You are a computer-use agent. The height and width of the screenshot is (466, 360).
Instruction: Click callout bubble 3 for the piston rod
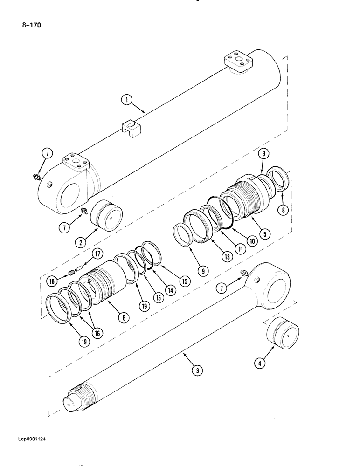coord(197,371)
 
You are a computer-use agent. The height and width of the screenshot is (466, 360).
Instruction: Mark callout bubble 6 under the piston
coord(123,317)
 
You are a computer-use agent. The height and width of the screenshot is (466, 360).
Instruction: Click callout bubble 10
coord(252,241)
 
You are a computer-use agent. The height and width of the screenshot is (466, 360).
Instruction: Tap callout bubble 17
coord(97,254)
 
